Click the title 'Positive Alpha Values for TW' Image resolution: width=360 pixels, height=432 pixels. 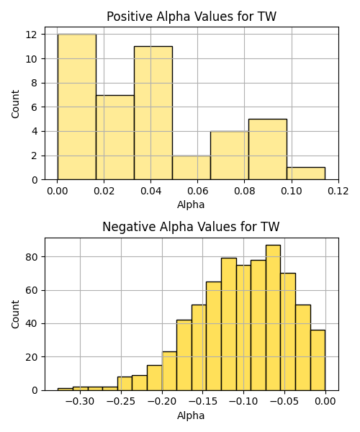click(191, 17)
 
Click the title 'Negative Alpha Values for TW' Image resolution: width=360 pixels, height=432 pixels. click(191, 227)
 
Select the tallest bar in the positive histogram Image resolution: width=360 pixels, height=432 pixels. click(77, 107)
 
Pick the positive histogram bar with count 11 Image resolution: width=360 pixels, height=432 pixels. click(153, 113)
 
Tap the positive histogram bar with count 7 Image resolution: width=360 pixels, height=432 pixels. click(115, 138)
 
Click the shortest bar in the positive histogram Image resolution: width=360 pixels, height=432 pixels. click(306, 174)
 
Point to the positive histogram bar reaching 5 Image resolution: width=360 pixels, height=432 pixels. click(268, 149)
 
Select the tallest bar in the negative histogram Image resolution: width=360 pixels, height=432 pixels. click(273, 318)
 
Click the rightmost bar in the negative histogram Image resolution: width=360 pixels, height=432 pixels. click(318, 360)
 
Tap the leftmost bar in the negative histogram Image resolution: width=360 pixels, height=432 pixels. click(66, 390)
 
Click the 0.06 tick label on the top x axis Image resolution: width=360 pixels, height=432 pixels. click(197, 191)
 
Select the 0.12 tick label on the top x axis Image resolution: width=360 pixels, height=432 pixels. click(338, 191)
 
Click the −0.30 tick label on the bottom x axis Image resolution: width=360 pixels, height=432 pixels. click(80, 402)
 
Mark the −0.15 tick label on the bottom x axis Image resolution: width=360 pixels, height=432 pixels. click(203, 402)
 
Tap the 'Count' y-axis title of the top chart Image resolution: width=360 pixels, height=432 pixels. click(15, 104)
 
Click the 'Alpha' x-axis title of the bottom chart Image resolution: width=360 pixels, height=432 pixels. click(191, 415)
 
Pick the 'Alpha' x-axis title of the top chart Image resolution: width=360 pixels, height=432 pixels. click(191, 204)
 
